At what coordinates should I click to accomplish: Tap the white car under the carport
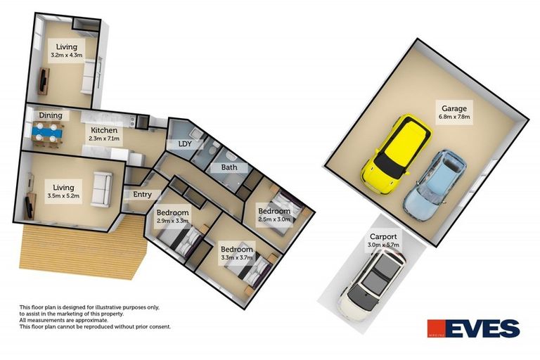pyautogui.click(x=371, y=285)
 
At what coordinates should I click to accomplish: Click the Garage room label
pyautogui.click(x=455, y=108)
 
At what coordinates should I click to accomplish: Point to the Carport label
pyautogui.click(x=383, y=237)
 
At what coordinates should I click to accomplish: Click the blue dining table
pyautogui.click(x=49, y=132)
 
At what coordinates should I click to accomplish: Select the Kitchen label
pyautogui.click(x=104, y=130)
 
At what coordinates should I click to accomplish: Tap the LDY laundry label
pyautogui.click(x=185, y=144)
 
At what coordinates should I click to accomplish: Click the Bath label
pyautogui.click(x=229, y=167)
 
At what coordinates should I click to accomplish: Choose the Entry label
pyautogui.click(x=142, y=195)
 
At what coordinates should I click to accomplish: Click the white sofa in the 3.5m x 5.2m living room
pyautogui.click(x=101, y=189)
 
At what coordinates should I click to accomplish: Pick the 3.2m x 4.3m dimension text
pyautogui.click(x=67, y=55)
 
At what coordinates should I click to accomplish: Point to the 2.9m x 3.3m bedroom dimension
pyautogui.click(x=172, y=221)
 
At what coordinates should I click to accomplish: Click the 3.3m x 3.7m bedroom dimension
pyautogui.click(x=236, y=257)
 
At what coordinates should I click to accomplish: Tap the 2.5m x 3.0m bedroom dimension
pyautogui.click(x=274, y=219)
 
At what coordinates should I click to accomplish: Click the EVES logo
pyautogui.click(x=473, y=328)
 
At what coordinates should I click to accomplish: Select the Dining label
pyautogui.click(x=51, y=115)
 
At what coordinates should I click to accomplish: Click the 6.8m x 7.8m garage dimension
pyautogui.click(x=454, y=117)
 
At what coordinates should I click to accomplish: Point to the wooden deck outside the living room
pyautogui.click(x=84, y=250)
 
